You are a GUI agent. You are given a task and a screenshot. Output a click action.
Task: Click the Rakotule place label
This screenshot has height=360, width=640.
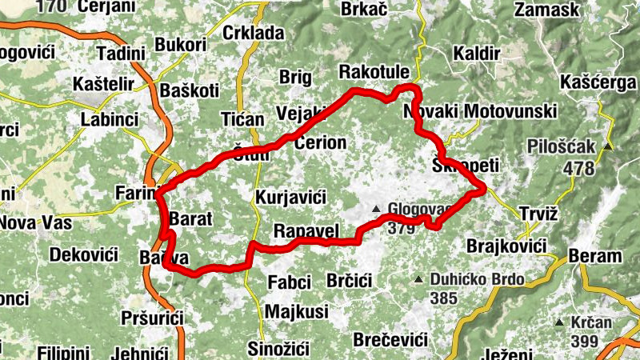click(375, 72)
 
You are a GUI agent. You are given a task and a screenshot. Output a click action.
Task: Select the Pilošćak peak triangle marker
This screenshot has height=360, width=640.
click(609, 146)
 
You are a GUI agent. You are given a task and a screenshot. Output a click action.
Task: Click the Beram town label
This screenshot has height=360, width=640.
click(594, 256)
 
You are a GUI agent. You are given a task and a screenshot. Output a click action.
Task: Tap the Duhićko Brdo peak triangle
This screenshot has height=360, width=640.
click(418, 279)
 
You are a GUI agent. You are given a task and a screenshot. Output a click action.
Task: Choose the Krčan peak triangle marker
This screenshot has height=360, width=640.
click(559, 322)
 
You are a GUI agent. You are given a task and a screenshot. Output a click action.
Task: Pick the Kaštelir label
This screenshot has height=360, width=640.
click(106, 84)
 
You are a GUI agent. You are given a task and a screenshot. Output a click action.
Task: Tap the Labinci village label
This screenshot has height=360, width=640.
click(110, 119)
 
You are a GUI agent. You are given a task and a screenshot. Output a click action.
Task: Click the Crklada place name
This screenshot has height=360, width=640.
click(254, 33)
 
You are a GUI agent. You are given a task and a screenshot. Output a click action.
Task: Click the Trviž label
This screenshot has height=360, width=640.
click(538, 215)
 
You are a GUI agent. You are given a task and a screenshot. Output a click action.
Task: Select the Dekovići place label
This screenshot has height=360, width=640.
click(83, 255)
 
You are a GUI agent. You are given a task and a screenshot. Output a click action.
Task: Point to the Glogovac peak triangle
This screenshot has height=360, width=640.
click(376, 210)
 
